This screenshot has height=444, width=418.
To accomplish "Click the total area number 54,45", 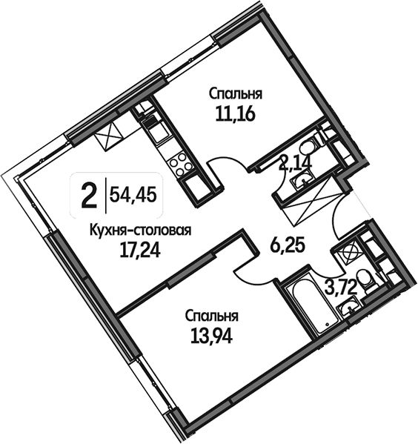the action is [133, 195].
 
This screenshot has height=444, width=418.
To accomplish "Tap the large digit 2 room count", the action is [89, 195].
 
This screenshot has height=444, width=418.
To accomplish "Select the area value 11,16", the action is [236, 114].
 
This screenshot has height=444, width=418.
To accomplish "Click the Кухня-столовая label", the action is [141, 231].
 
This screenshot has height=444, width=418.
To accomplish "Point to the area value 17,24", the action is [140, 251].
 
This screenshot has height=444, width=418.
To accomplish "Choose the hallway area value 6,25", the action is [288, 246].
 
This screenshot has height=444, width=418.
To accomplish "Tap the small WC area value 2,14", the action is [296, 163].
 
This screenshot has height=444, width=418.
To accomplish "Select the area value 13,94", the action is [211, 337].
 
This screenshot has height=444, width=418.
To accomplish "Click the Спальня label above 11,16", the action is [236, 94].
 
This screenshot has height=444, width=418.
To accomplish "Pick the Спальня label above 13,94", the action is [211, 317].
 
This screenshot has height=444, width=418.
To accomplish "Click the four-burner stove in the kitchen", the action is [178, 164].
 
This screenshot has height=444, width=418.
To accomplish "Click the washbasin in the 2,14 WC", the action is [302, 179].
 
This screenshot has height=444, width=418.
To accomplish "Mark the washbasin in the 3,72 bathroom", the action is [348, 307].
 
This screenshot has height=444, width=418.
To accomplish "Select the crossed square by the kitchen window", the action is [109, 136].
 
